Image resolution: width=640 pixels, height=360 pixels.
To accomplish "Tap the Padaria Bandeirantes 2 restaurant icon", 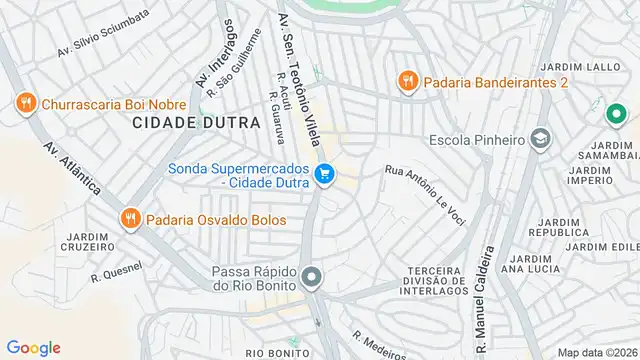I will click(x=407, y=81).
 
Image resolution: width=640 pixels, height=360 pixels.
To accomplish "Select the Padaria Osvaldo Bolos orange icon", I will click(x=130, y=219).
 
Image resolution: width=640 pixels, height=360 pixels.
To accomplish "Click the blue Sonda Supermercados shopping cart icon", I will click(x=324, y=175).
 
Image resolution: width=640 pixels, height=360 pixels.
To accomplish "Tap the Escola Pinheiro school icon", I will click(x=541, y=138).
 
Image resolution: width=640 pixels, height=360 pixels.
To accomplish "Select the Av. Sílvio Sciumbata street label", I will click(x=103, y=33).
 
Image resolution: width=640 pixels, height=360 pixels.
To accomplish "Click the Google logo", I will click(x=33, y=348).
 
